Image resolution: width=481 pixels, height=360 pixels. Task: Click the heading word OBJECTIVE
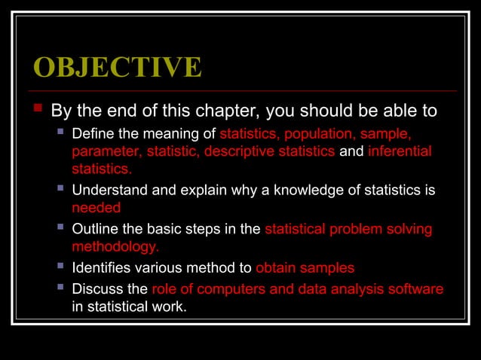(x=118, y=67)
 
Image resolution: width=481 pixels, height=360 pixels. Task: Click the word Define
(x=93, y=134)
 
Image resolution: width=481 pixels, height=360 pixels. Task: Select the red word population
(x=320, y=134)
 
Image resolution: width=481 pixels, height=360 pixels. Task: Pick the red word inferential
(x=400, y=151)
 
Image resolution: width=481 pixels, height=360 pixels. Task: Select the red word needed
(x=96, y=208)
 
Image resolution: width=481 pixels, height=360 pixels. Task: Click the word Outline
(x=95, y=229)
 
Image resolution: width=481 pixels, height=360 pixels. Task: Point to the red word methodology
(x=115, y=246)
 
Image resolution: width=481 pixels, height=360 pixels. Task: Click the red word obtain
(x=276, y=267)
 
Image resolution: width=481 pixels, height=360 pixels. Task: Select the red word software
(x=415, y=289)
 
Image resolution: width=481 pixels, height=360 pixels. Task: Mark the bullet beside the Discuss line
(x=60, y=288)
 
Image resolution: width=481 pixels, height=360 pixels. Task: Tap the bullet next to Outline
(x=60, y=228)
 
